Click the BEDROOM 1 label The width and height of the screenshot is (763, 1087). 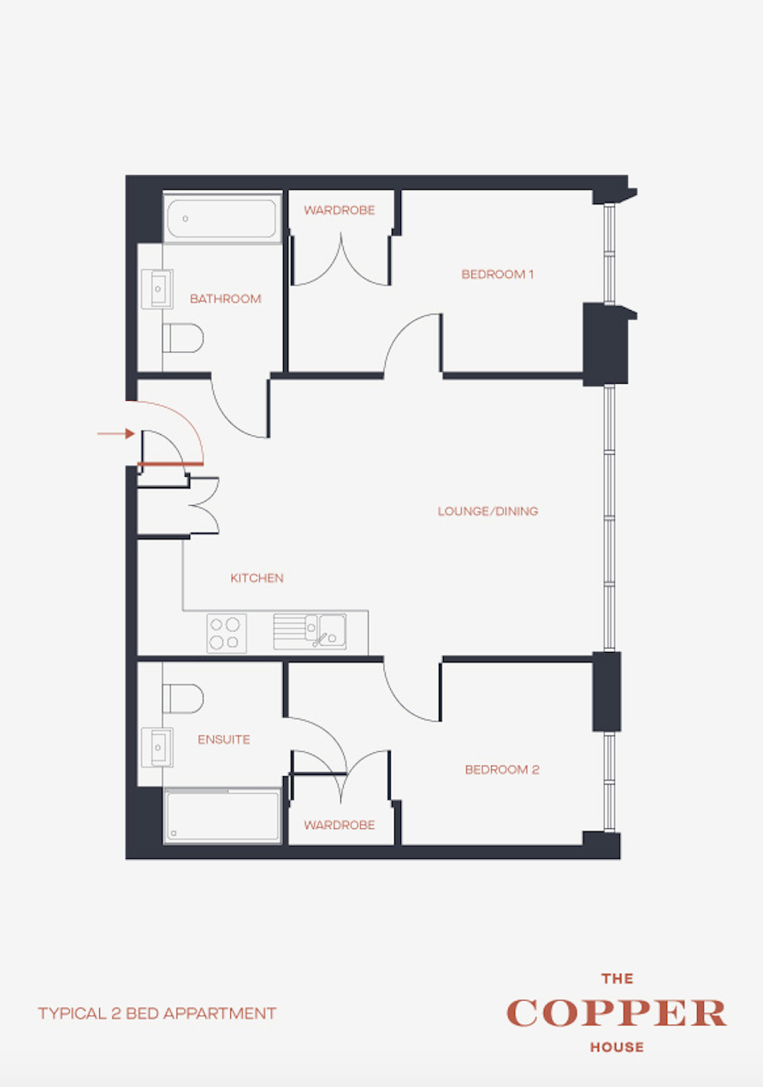pyautogui.click(x=497, y=274)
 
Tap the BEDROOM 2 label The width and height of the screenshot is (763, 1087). pyautogui.click(x=502, y=769)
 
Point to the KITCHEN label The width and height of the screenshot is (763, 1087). pyautogui.click(x=257, y=579)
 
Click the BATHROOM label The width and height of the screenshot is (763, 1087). pyautogui.click(x=225, y=299)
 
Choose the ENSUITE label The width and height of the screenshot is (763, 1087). pyautogui.click(x=223, y=739)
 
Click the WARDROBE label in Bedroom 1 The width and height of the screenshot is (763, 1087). pyautogui.click(x=340, y=210)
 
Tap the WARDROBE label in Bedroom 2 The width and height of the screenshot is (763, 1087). pyautogui.click(x=340, y=825)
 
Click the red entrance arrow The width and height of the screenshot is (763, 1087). pyautogui.click(x=115, y=434)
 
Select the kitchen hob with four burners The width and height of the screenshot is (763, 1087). pyautogui.click(x=226, y=633)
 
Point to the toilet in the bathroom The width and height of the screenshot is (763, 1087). pyautogui.click(x=182, y=338)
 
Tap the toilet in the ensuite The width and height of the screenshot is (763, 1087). pyautogui.click(x=182, y=698)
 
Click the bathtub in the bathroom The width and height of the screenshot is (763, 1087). pyautogui.click(x=222, y=219)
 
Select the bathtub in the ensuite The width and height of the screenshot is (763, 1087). pyautogui.click(x=222, y=816)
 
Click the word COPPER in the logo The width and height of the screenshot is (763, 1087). pyautogui.click(x=616, y=1014)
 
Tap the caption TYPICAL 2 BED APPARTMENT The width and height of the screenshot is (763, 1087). pyautogui.click(x=157, y=1014)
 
